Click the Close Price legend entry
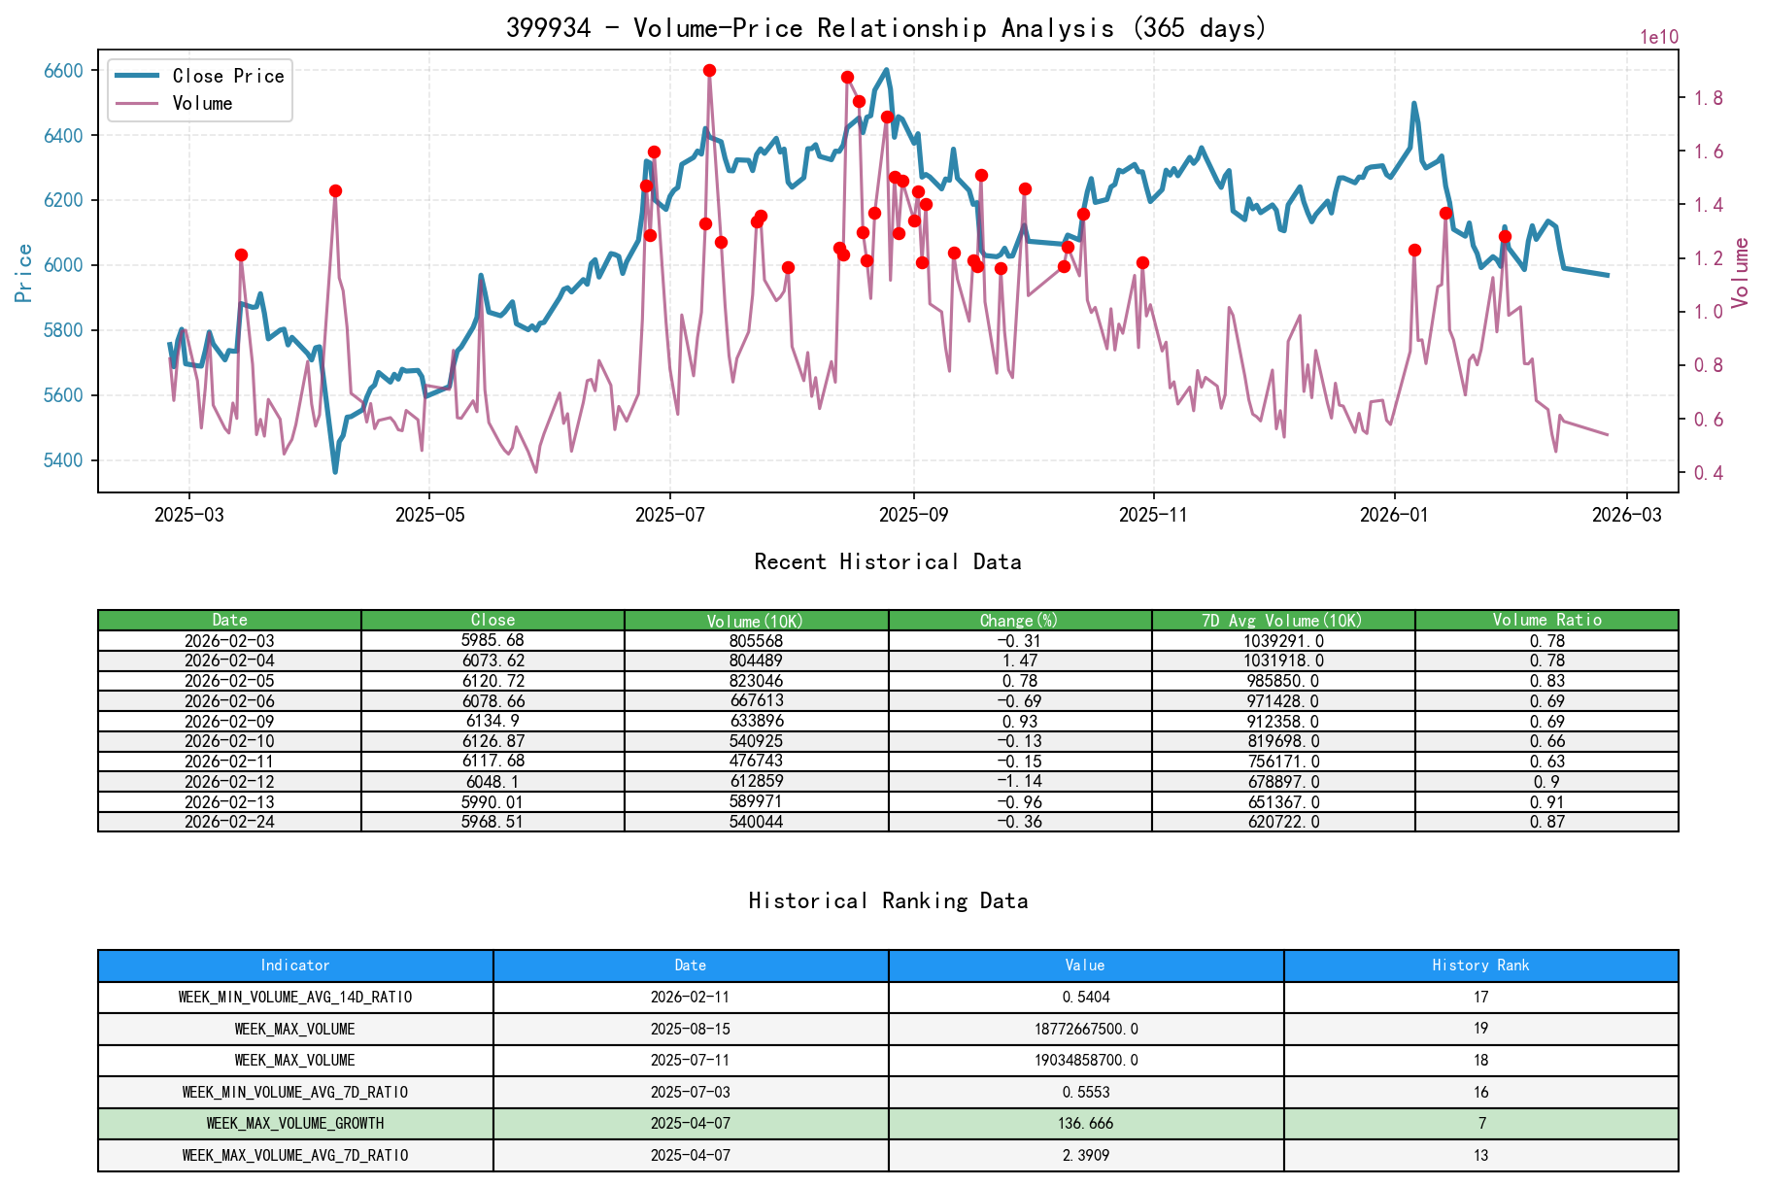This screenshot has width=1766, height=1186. (x=227, y=76)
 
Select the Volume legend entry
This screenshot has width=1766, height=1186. (x=202, y=103)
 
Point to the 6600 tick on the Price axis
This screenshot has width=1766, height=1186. (x=64, y=71)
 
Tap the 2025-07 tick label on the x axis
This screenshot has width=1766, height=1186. (x=669, y=515)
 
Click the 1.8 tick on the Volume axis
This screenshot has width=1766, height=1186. (x=1709, y=98)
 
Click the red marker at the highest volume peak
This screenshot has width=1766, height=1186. (x=709, y=70)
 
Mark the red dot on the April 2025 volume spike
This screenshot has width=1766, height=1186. (x=335, y=190)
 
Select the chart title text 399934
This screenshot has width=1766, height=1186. (x=548, y=27)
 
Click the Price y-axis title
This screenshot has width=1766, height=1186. (x=24, y=273)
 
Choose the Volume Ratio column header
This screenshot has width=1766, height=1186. (x=1546, y=620)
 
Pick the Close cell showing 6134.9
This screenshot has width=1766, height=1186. (x=492, y=721)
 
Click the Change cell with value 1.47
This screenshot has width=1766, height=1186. (x=1020, y=661)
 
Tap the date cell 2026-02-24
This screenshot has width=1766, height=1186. (x=229, y=822)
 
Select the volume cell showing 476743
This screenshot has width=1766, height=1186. (x=756, y=762)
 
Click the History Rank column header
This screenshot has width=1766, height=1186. (x=1480, y=966)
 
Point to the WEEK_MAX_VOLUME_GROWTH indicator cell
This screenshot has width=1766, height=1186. (x=295, y=1124)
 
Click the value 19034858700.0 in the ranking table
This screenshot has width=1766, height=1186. (x=1085, y=1060)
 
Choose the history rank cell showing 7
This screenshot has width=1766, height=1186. (x=1481, y=1124)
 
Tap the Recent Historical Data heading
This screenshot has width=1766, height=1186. (x=887, y=561)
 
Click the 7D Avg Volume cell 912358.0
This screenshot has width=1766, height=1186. (x=1283, y=721)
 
